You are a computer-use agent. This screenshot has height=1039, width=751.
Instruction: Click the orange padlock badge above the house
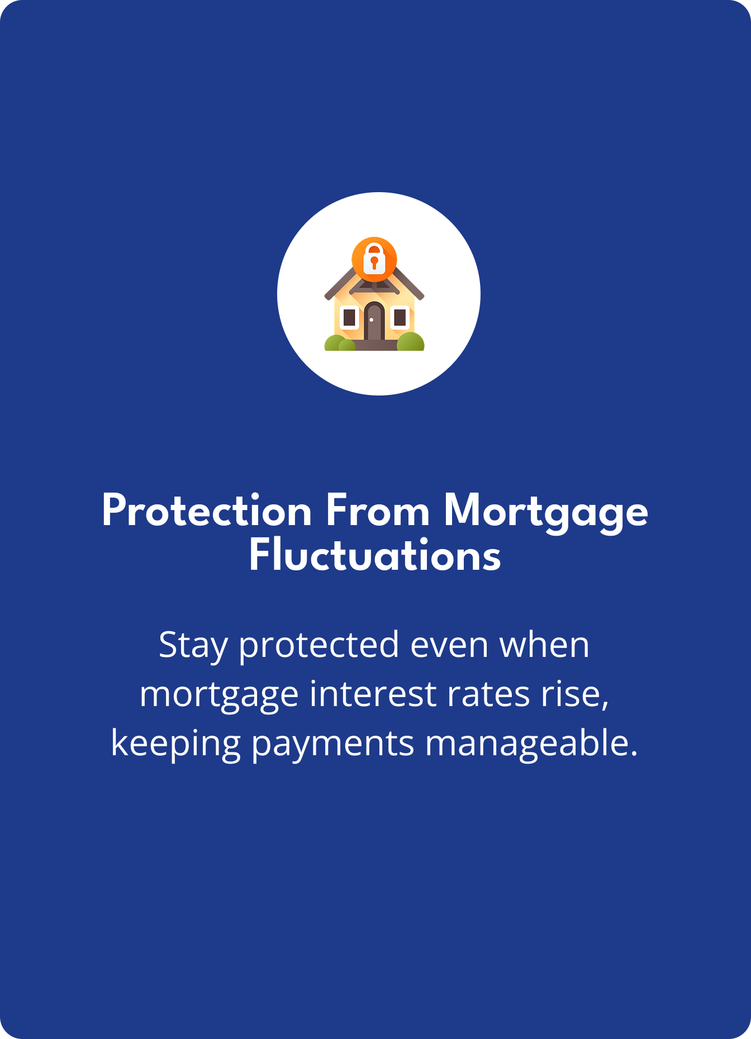coord(374,260)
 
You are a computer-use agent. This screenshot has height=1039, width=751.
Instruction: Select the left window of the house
coord(349,317)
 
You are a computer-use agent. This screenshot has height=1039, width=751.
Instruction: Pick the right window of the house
coord(400,317)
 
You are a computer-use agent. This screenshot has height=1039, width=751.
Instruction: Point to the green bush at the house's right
coord(411,341)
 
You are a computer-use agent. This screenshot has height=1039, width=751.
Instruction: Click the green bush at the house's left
coord(339,343)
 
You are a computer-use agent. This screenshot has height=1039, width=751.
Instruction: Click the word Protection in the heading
coord(207,511)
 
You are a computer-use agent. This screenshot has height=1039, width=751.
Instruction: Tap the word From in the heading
coord(378,511)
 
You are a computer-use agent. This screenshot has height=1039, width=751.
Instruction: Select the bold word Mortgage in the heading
coord(546,513)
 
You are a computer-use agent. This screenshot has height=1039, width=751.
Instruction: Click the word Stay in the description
coord(193,646)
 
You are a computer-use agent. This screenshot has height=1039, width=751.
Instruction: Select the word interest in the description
coord(373,694)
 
